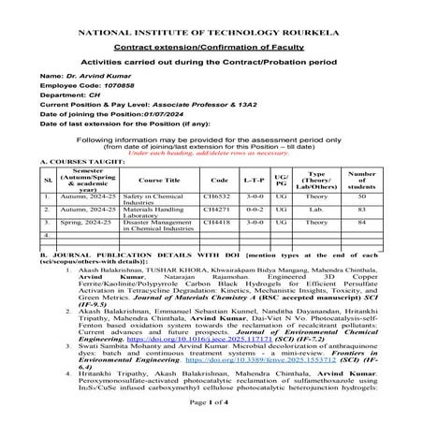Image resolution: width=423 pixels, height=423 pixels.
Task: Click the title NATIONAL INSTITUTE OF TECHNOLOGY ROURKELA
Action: (x=211, y=32)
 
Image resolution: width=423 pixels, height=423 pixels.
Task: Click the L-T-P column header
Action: (x=253, y=179)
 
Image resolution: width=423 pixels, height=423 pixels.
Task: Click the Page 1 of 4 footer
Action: (x=211, y=413)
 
